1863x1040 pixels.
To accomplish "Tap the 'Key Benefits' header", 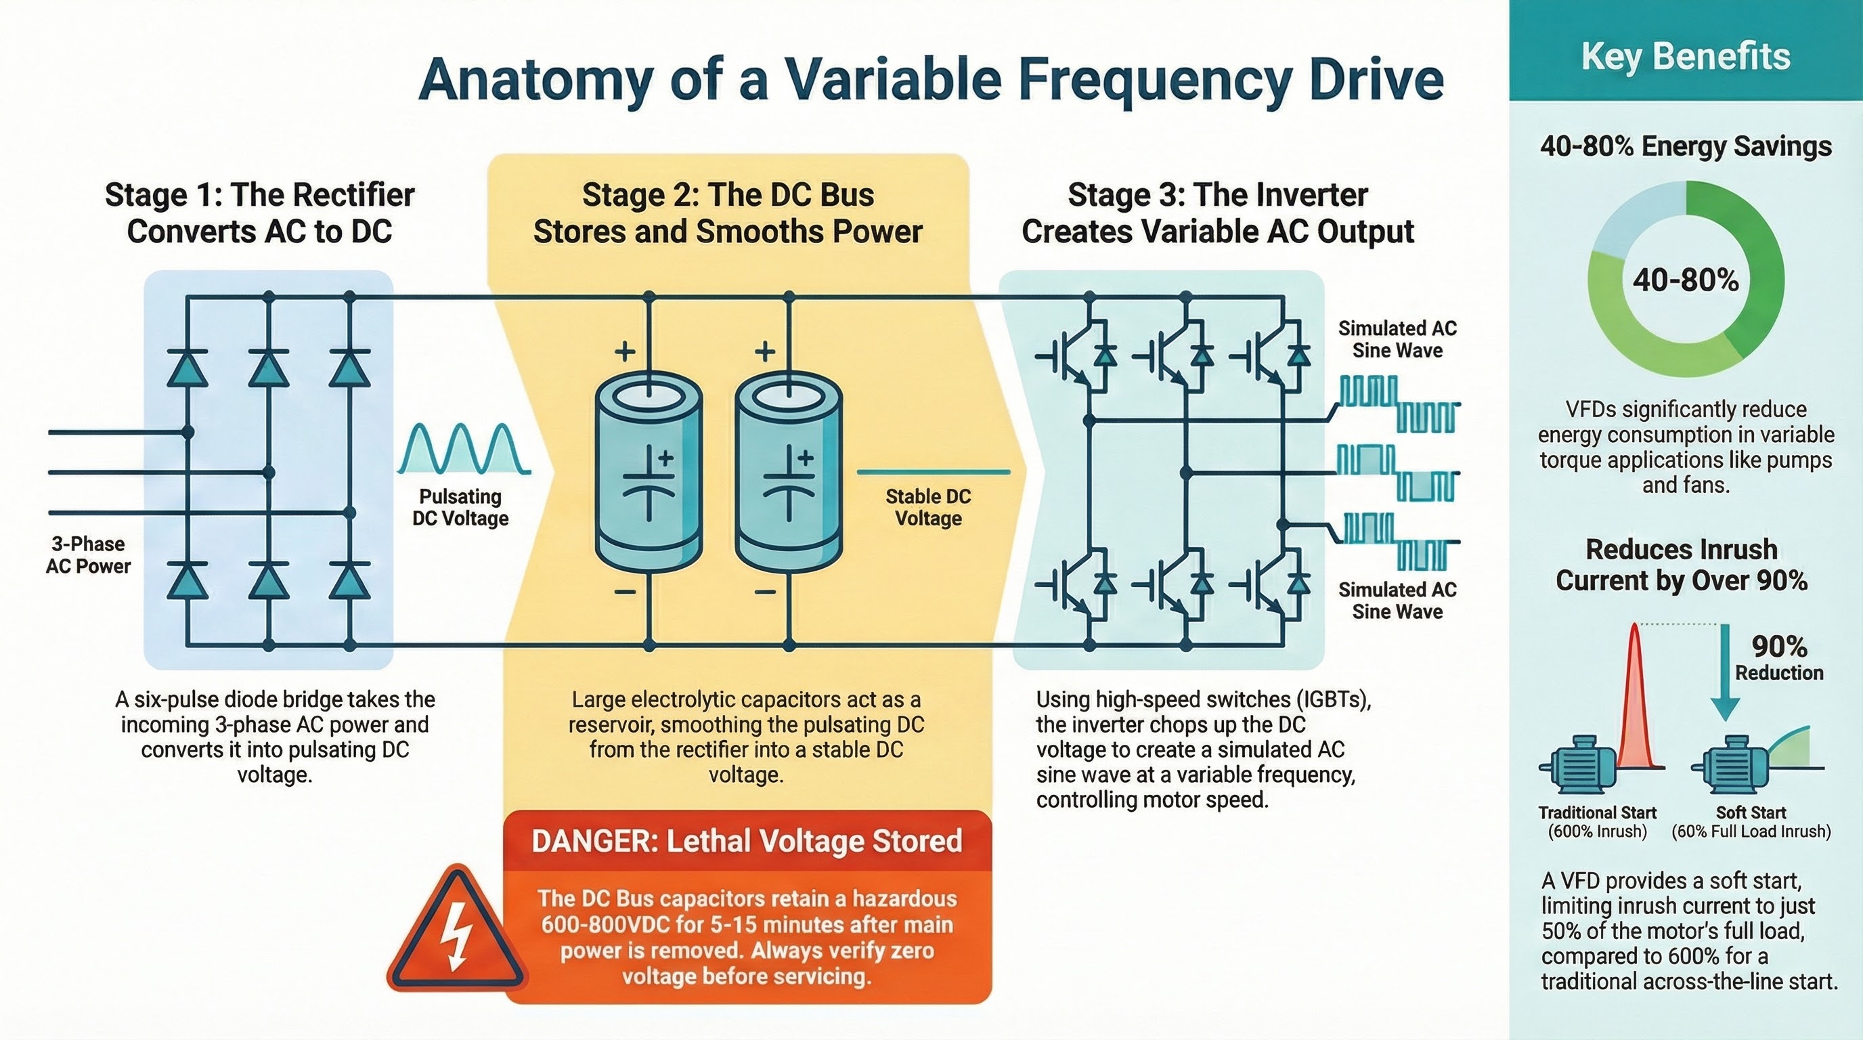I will coord(1685,56).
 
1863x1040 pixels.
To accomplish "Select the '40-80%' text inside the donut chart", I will coord(1685,280).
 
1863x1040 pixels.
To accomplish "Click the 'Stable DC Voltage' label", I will coord(928,507).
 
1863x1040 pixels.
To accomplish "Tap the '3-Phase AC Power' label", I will coord(87,555).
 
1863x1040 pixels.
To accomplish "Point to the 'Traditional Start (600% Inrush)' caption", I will coord(1597,821).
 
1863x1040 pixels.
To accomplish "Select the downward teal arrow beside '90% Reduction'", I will coord(1726,672).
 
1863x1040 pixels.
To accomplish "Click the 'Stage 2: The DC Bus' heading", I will coord(728,195).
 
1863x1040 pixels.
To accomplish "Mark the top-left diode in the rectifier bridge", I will coord(188,368).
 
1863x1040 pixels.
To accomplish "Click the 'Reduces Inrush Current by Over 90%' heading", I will coord(1682,565).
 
